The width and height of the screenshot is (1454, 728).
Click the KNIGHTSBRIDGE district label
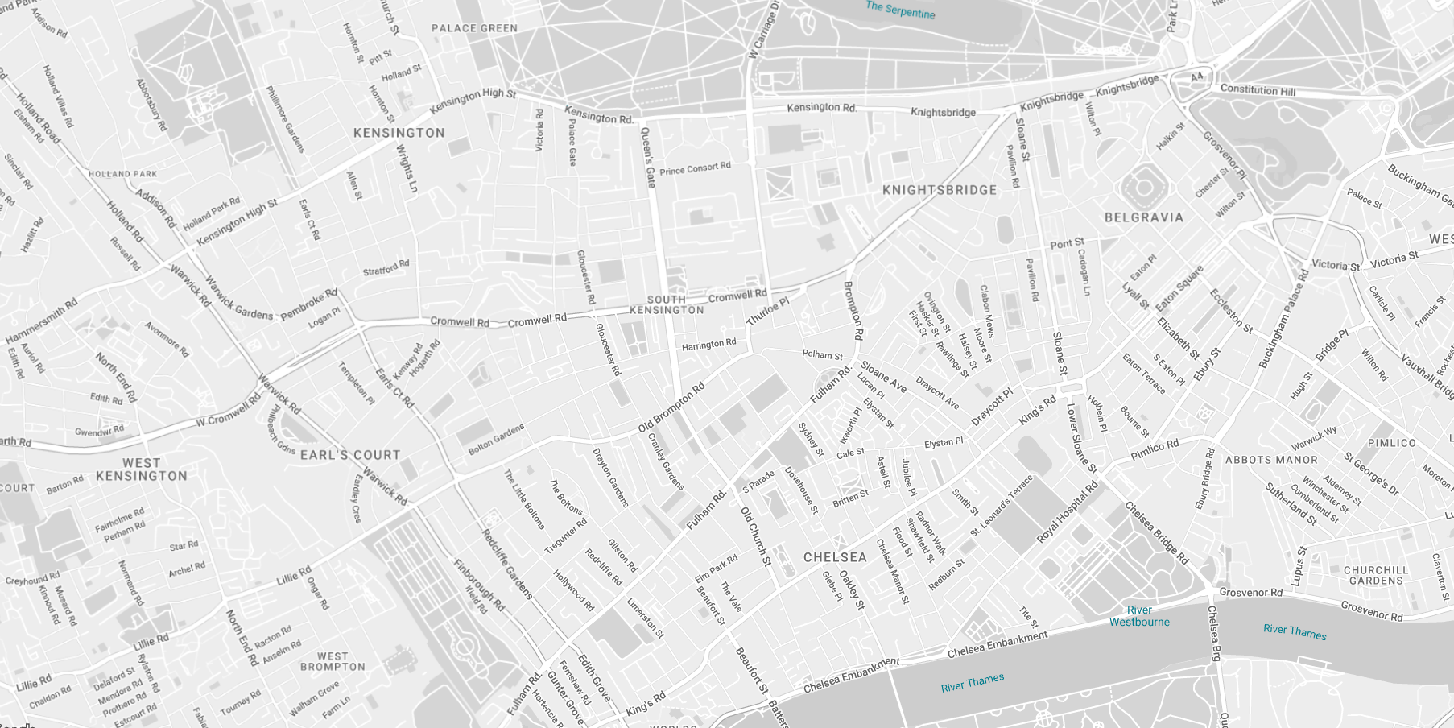[x=940, y=191]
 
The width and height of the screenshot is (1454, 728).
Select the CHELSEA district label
[x=835, y=557]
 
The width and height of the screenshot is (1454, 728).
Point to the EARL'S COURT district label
[x=350, y=455]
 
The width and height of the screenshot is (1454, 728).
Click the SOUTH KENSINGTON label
[x=667, y=304]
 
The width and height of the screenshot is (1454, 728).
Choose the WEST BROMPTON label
[x=333, y=662]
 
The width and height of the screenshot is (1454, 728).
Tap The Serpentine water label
[x=900, y=10]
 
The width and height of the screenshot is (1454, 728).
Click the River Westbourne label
[x=1139, y=616]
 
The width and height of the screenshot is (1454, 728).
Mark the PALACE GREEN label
[x=474, y=28]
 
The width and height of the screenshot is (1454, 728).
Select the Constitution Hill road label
[x=1258, y=90]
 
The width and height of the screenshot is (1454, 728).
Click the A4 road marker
[x=1197, y=77]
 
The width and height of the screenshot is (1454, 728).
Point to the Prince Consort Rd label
[x=695, y=168]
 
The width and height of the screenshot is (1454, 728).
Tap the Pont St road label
[x=1067, y=243]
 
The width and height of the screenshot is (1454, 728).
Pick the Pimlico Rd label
[x=1155, y=450]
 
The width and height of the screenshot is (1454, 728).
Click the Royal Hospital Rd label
[x=1068, y=512]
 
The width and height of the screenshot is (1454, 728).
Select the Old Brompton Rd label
[x=671, y=407]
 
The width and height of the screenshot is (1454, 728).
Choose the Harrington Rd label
[x=708, y=345]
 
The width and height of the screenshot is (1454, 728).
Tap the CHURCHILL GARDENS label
[x=1376, y=575]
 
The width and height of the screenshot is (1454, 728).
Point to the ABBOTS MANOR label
[x=1271, y=460]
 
